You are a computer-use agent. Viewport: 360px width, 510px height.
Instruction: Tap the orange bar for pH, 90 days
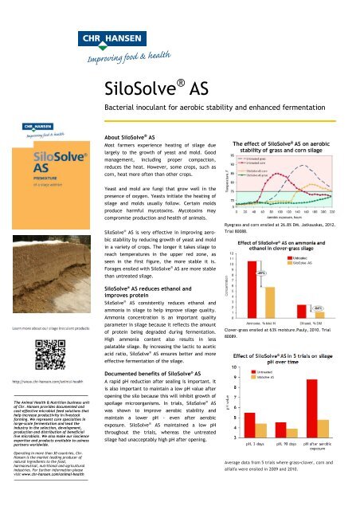click(x=299, y=433)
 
